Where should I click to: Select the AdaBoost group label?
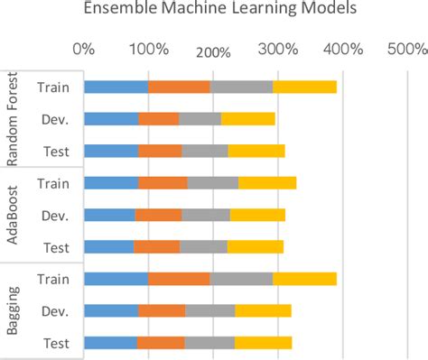click(13, 214)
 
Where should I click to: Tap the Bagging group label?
click(13, 309)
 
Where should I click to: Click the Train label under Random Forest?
click(54, 87)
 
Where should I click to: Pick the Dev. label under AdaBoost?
click(56, 215)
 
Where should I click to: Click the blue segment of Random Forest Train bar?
click(116, 87)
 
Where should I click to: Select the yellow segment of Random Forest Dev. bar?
click(247, 118)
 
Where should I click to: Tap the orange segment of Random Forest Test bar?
click(160, 151)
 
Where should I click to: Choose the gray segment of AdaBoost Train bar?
click(212, 182)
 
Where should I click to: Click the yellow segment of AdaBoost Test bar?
click(255, 246)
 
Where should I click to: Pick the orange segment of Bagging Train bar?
click(179, 278)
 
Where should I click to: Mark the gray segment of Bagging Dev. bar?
click(209, 310)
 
